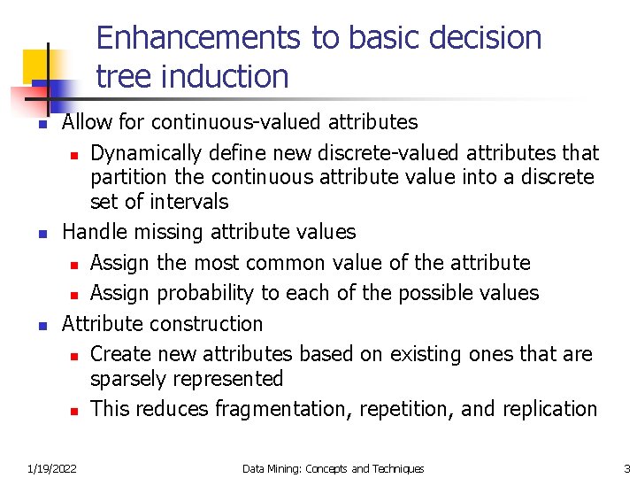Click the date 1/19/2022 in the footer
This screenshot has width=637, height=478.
point(51,468)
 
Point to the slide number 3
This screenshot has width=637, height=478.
point(626,468)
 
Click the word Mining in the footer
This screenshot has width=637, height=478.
point(286,468)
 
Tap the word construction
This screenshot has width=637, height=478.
point(211,324)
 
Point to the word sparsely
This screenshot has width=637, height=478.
point(127,379)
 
